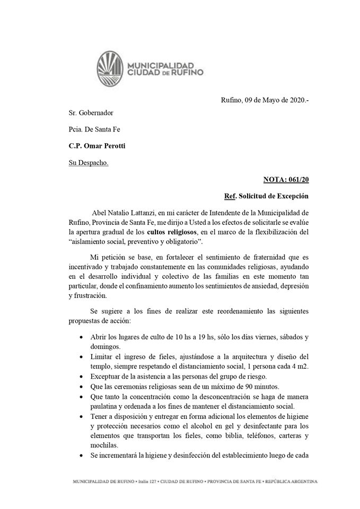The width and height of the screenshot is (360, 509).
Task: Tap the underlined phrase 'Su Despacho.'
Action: pyautogui.click(x=89, y=162)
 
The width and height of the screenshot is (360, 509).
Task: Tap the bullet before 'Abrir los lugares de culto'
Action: pyautogui.click(x=80, y=337)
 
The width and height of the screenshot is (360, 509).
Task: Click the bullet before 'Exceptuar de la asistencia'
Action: pyautogui.click(x=80, y=376)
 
